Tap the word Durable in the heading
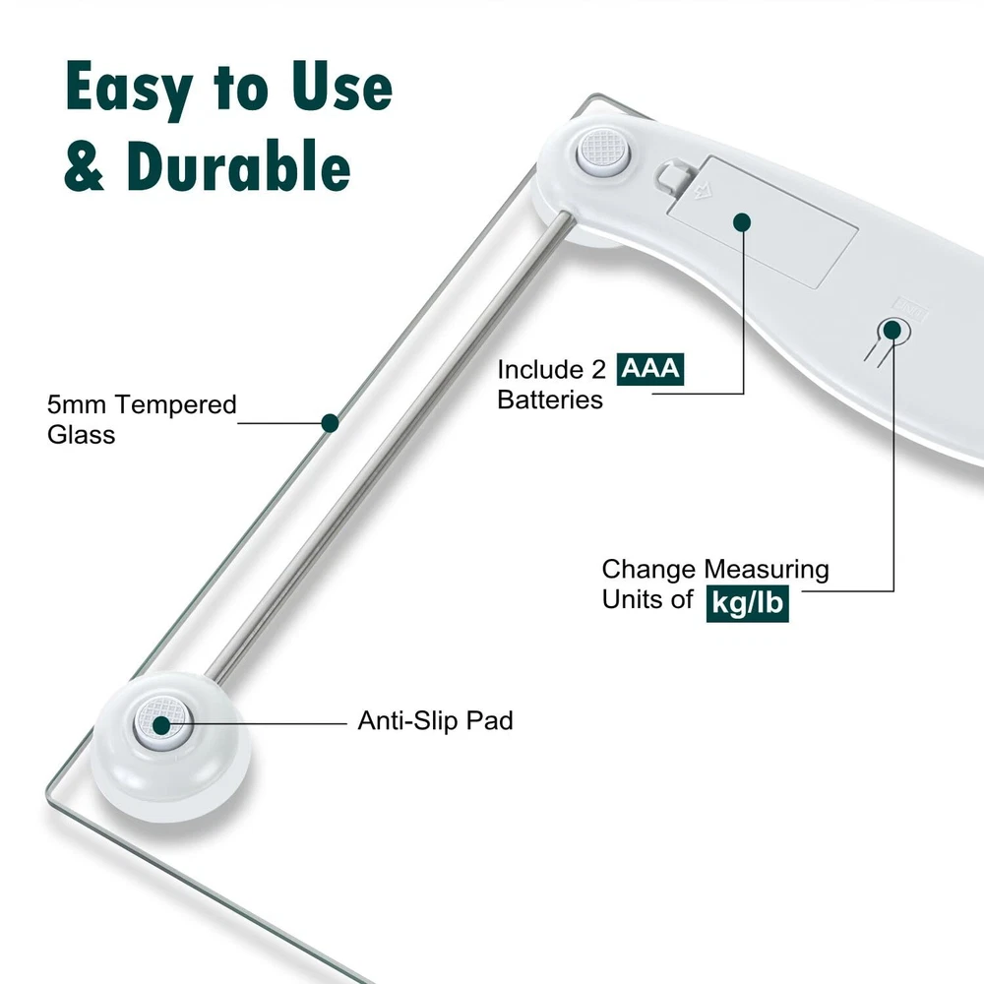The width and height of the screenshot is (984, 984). point(238,166)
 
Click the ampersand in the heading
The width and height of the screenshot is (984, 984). point(84,167)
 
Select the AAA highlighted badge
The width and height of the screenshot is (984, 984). point(650,369)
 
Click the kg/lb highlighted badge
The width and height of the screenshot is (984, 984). point(748,603)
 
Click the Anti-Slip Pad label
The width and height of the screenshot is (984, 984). point(435,720)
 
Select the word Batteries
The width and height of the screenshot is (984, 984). point(550,400)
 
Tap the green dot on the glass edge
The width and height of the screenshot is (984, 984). point(330,423)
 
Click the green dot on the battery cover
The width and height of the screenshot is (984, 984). point(742,222)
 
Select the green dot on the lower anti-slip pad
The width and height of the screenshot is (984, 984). point(162,725)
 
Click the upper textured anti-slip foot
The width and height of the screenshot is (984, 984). point(603,152)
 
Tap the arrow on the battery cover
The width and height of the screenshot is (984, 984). point(703,191)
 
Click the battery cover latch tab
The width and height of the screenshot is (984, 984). point(669,177)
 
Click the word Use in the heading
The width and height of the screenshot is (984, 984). point(342,88)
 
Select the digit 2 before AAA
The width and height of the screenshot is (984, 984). point(598,370)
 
